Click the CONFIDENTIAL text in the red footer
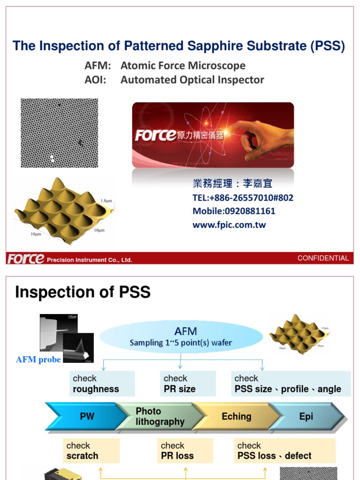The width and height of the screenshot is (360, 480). pos(323,258)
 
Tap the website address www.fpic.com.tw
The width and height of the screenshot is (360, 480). pos(229,225)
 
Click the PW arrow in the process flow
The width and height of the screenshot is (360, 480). pos(87,417)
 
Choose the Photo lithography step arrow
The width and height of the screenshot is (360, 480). pos(159,417)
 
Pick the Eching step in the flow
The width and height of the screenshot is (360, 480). pos(236,417)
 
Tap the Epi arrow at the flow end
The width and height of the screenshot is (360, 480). pos(306,417)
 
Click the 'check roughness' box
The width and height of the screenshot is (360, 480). pos(102,384)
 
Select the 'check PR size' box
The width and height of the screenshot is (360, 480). pos(187,384)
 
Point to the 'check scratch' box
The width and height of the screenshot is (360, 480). pos(91,451)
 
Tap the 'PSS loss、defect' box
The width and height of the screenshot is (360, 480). pos(285,451)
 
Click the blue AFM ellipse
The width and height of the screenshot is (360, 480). pos(181,337)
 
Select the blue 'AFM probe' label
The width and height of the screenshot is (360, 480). pos(38,360)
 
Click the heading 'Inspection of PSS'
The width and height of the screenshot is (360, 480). pos(82,292)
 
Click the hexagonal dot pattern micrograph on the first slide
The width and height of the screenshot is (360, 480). pos(60,133)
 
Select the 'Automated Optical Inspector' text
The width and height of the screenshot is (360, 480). pos(192,80)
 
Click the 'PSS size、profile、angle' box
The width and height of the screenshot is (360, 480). pos(291,384)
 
